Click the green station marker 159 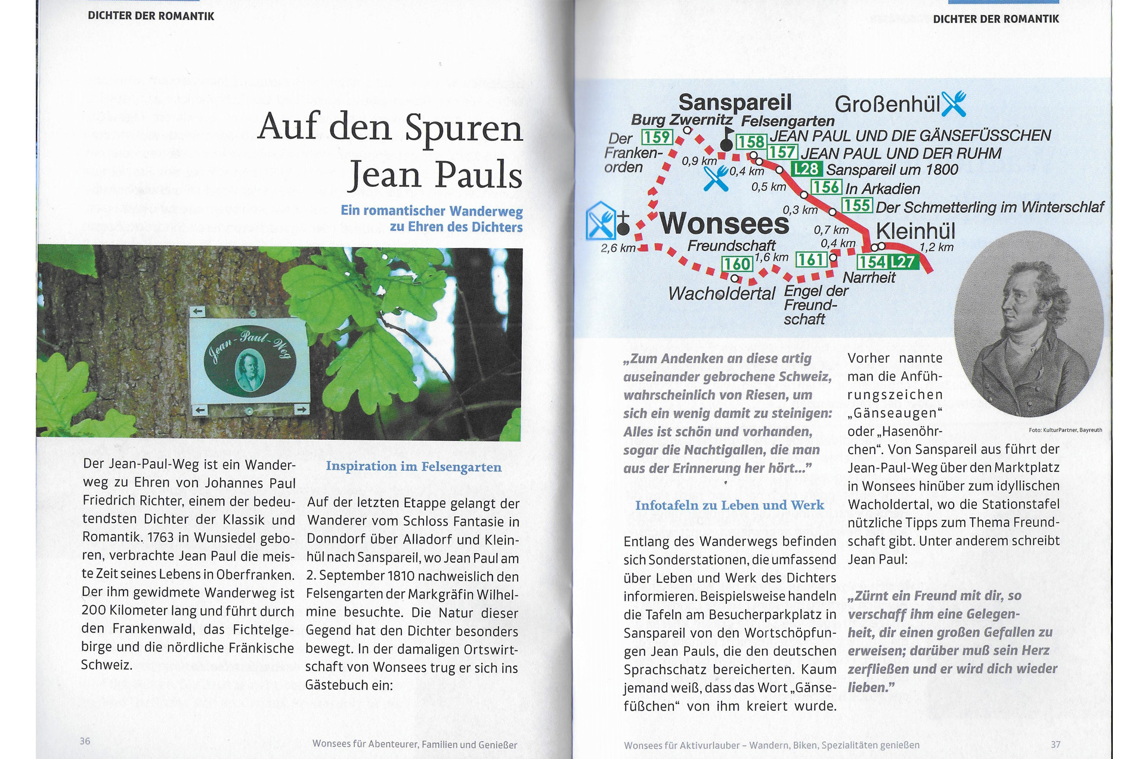[657, 137]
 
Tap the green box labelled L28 [806, 169]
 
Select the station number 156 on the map [826, 187]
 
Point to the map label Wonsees [724, 224]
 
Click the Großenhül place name [887, 104]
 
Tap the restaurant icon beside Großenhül [954, 104]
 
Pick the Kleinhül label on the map [915, 231]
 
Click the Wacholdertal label [722, 294]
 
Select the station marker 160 [736, 264]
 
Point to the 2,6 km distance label [618, 248]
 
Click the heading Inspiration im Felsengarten [413, 467]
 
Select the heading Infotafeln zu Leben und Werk [729, 505]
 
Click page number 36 [85, 741]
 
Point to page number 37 [1056, 745]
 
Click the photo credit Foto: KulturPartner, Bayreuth [1065, 430]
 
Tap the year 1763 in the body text [160, 538]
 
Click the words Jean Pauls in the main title [435, 175]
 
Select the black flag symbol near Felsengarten [726, 140]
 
